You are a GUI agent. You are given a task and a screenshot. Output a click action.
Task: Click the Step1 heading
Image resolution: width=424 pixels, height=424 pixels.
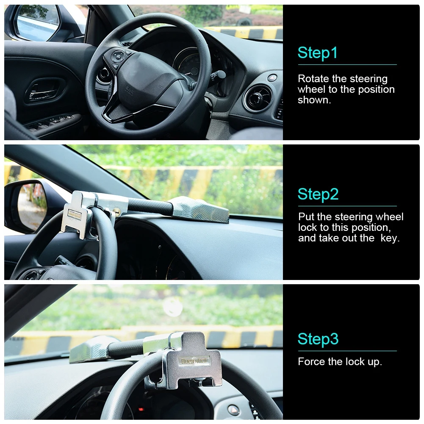[x=318, y=53]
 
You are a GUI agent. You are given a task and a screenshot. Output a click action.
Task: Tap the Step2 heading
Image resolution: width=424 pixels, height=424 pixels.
[x=318, y=194]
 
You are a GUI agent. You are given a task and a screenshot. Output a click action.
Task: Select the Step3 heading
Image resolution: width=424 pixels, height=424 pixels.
[x=318, y=339]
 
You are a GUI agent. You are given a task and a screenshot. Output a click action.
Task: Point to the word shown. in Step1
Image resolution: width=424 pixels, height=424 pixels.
[x=314, y=100]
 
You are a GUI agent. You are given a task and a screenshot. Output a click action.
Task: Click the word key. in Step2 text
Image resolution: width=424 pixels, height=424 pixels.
[x=390, y=238]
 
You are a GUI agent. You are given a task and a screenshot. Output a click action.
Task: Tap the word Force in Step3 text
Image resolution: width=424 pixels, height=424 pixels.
[x=311, y=362]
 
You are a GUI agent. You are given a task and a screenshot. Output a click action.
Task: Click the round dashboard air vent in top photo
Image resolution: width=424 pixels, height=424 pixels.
[x=258, y=98]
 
